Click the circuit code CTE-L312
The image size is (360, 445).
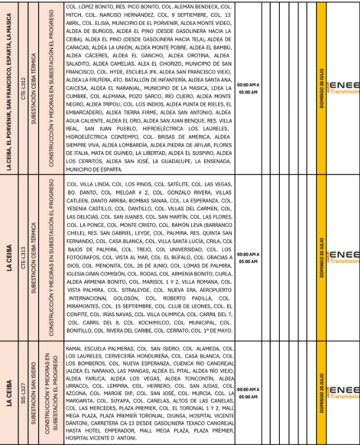tap(24, 86)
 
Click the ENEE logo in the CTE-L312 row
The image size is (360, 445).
tap(344, 89)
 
